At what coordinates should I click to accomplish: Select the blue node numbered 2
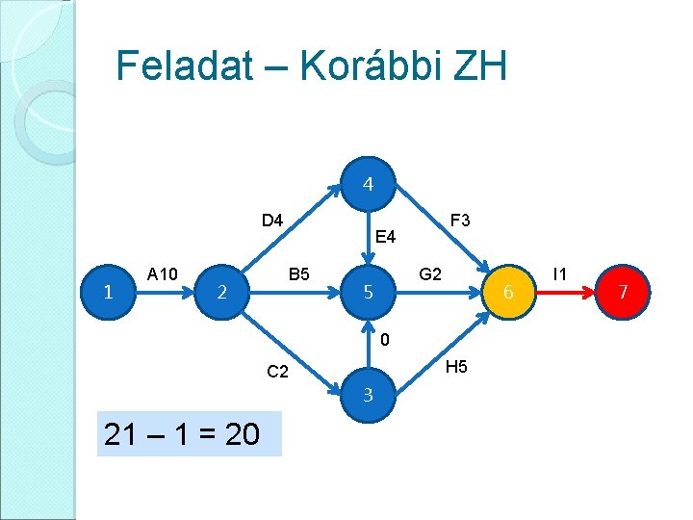coord(222,291)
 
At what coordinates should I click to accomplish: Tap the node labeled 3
coord(368,395)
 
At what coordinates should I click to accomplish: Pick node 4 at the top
coord(368,182)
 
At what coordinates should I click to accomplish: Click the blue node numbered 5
coord(368,291)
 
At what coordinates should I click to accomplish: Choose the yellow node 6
coord(512,291)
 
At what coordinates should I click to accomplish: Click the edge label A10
coord(162,274)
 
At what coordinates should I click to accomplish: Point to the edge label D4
coord(272,221)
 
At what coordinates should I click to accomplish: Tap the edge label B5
coord(298,274)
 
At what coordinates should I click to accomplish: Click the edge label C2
coord(277,373)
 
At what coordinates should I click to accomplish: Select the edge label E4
coord(386,236)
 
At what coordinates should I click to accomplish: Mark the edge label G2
coord(430,274)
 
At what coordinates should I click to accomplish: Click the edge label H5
coord(457,367)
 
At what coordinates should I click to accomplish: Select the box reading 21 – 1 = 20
coord(189,433)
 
